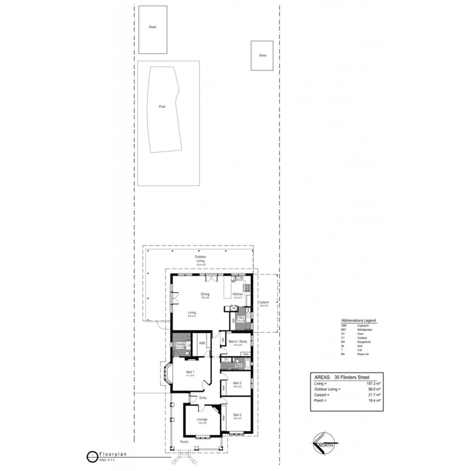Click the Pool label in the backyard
162,107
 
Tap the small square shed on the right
262,56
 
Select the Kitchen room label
238,294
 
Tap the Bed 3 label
238,383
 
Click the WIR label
202,343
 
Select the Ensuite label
180,344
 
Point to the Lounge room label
202,419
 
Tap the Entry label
203,398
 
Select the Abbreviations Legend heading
359,320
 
